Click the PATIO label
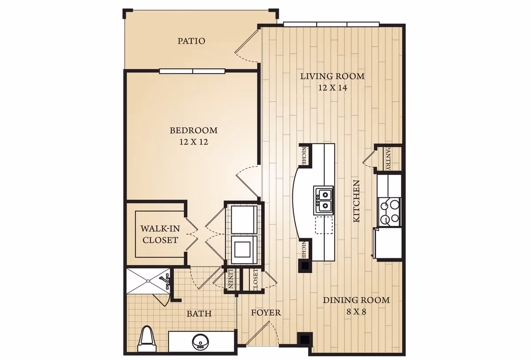pos(191,41)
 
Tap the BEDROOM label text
pos(193,131)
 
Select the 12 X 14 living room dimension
pos(332,88)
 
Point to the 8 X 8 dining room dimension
pos(356,311)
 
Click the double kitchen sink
pos(323,199)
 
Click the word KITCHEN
pos(356,201)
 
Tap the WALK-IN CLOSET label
pos(160,235)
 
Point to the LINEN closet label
pos(231,280)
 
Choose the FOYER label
pos(265,313)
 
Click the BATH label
pos(199,314)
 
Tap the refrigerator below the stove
pos(387,243)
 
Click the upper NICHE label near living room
pos(304,155)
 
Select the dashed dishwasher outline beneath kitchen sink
pos(323,225)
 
